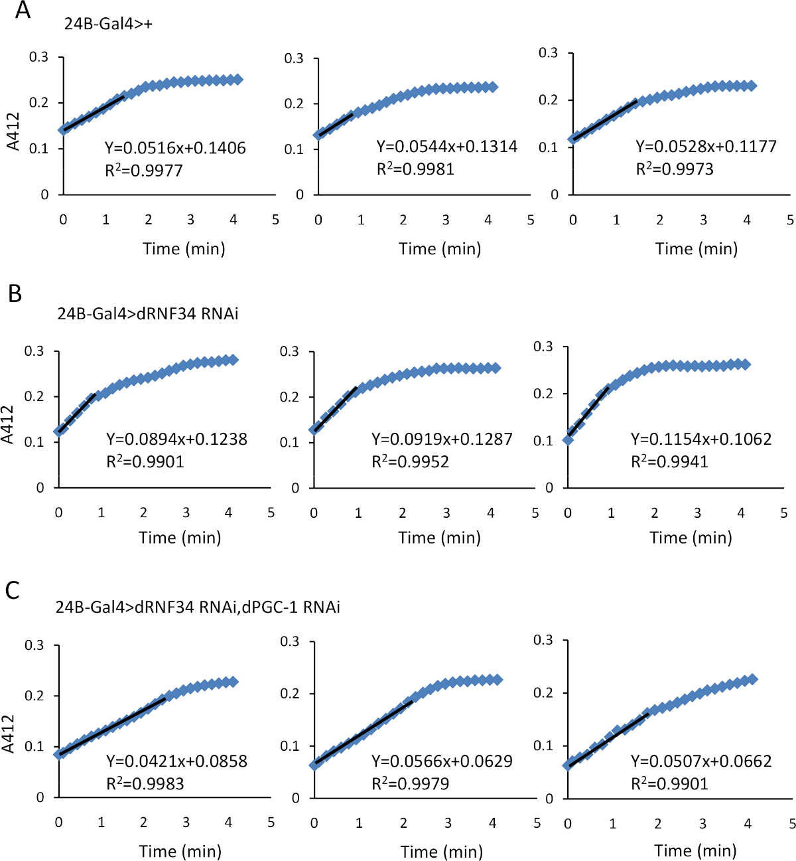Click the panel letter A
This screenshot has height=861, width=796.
pos(23,11)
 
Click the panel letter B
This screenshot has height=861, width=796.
pos(15,293)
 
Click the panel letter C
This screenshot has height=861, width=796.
pos(13,590)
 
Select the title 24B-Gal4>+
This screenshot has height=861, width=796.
pos(109,24)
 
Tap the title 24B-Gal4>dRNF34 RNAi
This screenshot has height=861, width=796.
pos(148,313)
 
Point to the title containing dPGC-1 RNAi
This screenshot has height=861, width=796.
pos(198,607)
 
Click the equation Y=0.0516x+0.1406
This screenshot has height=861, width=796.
pos(175,148)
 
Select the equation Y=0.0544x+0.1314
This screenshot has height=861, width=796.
pos(446,147)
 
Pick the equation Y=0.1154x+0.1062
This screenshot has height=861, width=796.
pos(701,439)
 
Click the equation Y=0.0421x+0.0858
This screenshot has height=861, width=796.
pos(176,761)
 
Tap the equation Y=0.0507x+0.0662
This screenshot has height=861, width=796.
pos(701,761)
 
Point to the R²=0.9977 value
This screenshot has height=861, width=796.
pos(144,171)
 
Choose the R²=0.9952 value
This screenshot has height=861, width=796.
pos(410,461)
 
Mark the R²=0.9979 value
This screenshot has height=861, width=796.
pos(410,784)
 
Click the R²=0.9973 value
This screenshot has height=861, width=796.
pos(675,169)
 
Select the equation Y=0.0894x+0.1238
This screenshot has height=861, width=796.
pos(176,439)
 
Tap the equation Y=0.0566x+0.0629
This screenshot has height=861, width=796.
pos(442,761)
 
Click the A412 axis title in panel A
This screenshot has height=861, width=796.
pos(13,131)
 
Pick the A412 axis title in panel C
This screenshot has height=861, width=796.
pos(9,734)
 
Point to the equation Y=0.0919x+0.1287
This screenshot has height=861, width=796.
pos(442,439)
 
